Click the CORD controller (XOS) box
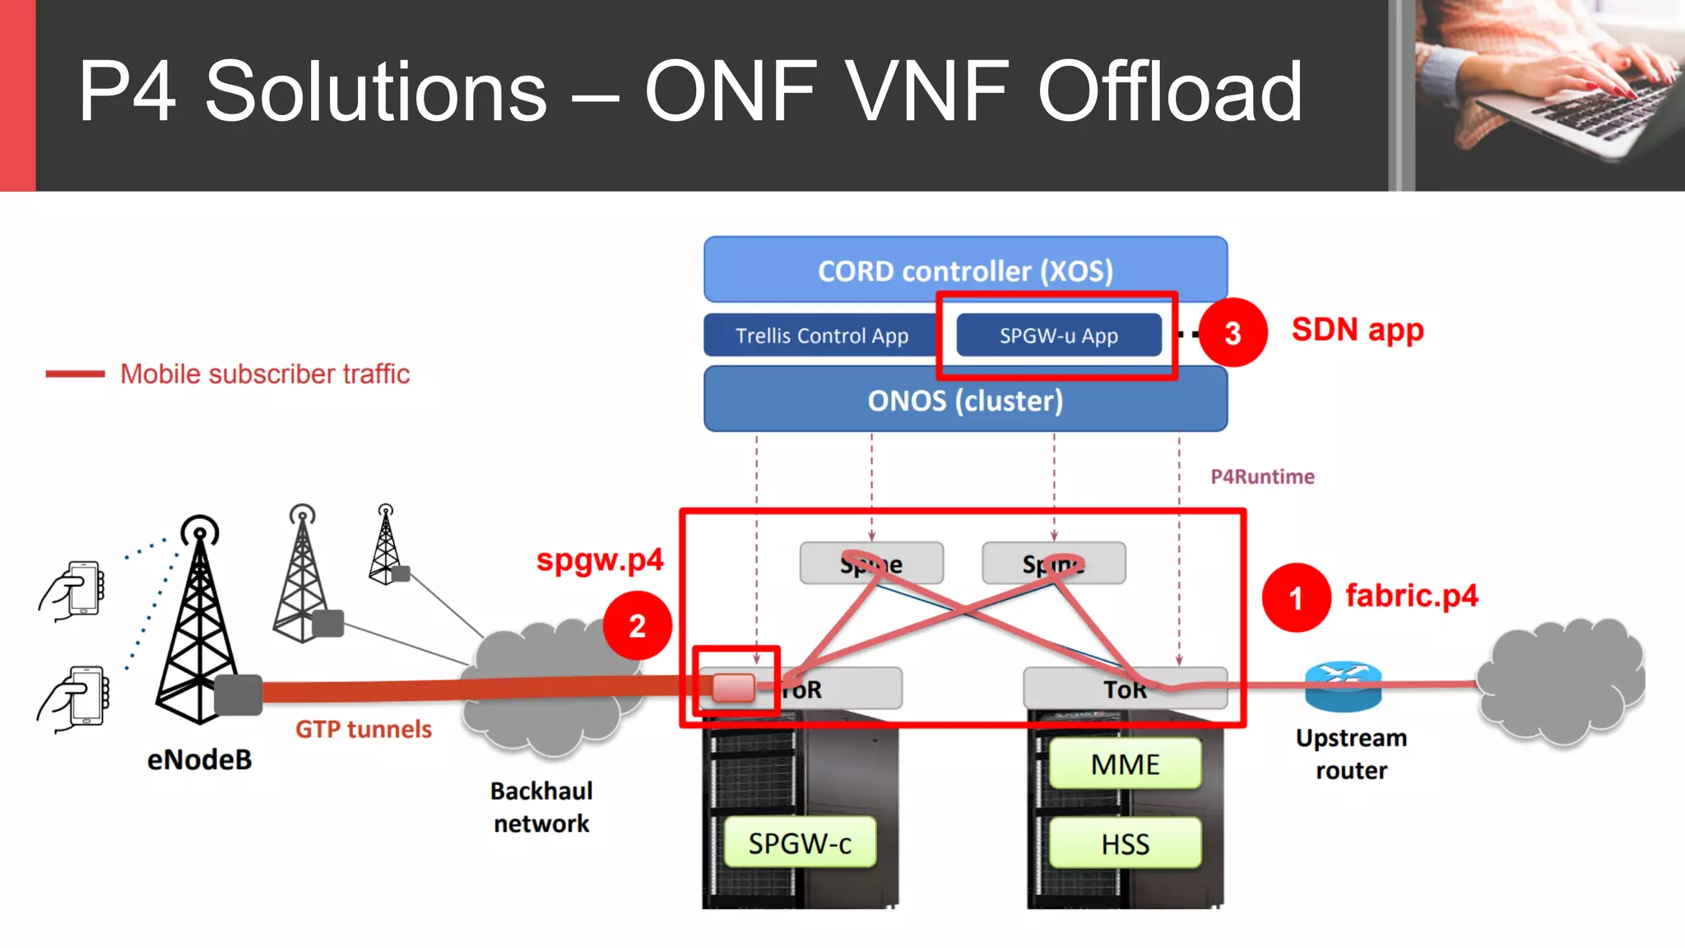pyautogui.click(x=965, y=270)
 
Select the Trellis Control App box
pyautogui.click(x=821, y=336)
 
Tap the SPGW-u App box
pyautogui.click(x=1058, y=336)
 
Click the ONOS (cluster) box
pyautogui.click(x=965, y=401)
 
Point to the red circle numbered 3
pyautogui.click(x=1232, y=333)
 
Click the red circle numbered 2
pyautogui.click(x=637, y=626)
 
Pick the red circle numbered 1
pyautogui.click(x=1296, y=598)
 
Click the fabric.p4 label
pyautogui.click(x=1411, y=596)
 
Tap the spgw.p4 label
pyautogui.click(x=599, y=560)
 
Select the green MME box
pyautogui.click(x=1125, y=764)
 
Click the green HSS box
pyautogui.click(x=1125, y=843)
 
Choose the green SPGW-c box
pyautogui.click(x=800, y=843)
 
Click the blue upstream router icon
pyautogui.click(x=1343, y=686)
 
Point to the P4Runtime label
pyautogui.click(x=1262, y=477)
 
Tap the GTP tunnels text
pyautogui.click(x=363, y=729)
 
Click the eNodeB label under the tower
pyautogui.click(x=199, y=760)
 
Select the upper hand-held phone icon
pyautogui.click(x=74, y=589)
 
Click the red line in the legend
pyautogui.click(x=75, y=374)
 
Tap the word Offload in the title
pyautogui.click(x=1170, y=92)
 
